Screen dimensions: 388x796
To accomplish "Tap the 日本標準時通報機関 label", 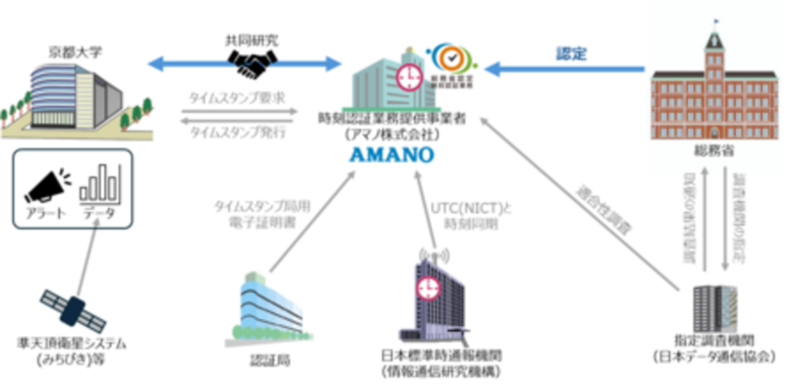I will (429, 354).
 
